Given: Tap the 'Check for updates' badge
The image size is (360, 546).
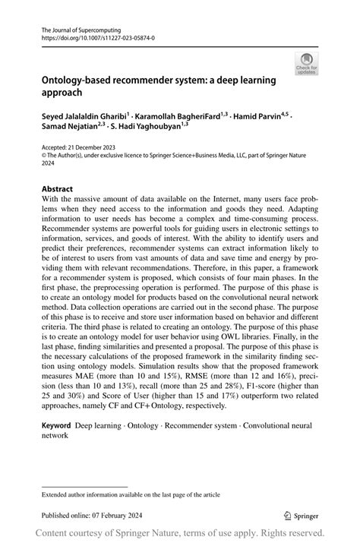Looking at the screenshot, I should pyautogui.click(x=307, y=65).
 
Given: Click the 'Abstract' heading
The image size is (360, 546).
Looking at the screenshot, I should pyautogui.click(x=58, y=188).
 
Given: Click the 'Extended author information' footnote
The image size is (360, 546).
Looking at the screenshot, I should pyautogui.click(x=131, y=494).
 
